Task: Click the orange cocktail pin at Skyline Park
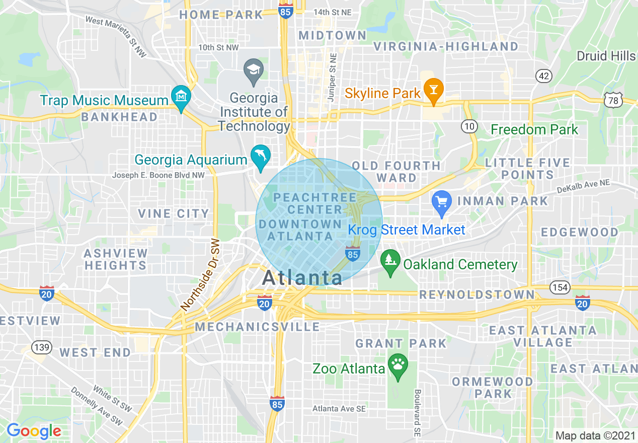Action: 432,89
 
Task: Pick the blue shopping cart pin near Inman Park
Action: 441,203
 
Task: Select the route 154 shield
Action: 560,287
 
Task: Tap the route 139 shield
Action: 41,347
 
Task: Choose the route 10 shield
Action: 469,126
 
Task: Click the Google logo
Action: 34,431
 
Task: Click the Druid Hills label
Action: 606,55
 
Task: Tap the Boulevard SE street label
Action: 417,412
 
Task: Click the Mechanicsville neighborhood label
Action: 258,327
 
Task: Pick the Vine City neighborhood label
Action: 173,213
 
